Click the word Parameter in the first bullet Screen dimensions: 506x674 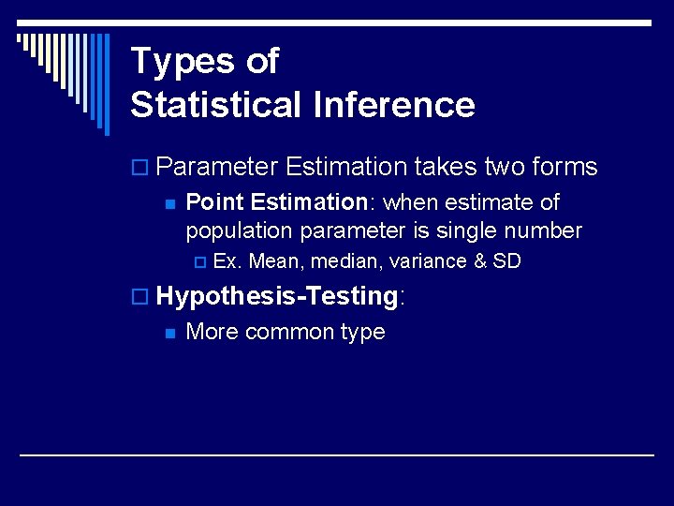tap(217, 168)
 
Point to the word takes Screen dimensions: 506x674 tap(447, 168)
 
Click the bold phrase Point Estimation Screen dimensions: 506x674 tap(276, 202)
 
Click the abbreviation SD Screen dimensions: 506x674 tap(506, 261)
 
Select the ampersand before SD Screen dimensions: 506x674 tap(480, 261)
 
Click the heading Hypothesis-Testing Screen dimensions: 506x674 tap(277, 297)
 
